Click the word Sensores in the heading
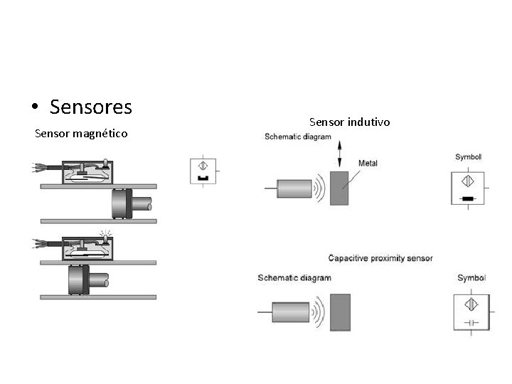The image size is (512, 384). click(91, 107)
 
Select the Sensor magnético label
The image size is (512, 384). click(82, 133)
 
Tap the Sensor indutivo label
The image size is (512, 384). click(350, 122)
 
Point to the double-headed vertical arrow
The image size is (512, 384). click(340, 154)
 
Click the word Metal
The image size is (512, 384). click(368, 163)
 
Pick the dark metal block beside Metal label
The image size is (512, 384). click(340, 187)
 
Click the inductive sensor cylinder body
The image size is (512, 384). click(294, 189)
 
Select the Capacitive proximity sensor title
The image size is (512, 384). click(380, 257)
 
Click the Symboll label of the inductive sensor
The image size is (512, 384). click(468, 156)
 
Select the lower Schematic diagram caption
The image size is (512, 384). click(294, 277)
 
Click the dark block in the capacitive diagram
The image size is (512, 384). click(341, 311)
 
